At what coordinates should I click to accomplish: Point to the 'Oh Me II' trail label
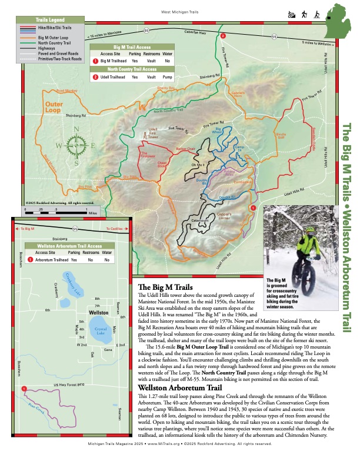tap(198, 166)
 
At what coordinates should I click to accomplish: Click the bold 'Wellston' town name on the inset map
tap(98, 313)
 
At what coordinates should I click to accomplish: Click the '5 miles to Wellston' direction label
tap(318, 44)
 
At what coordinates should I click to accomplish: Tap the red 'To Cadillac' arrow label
tap(113, 228)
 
